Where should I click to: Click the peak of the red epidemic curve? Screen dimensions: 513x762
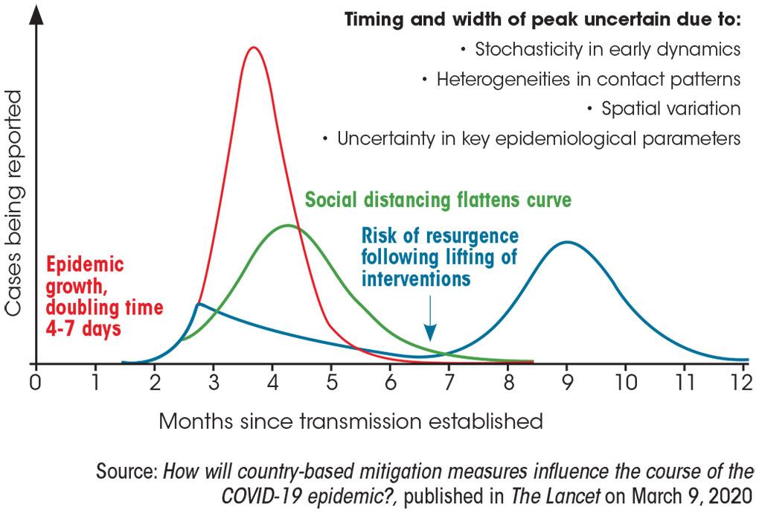coord(254,48)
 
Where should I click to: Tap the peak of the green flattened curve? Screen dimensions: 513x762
coord(287,226)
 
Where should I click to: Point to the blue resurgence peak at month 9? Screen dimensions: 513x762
coord(568,242)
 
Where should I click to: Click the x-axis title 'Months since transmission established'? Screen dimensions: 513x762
coord(350,421)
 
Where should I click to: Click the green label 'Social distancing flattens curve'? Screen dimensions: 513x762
coord(438,200)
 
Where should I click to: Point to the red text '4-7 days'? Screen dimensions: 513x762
coord(83,327)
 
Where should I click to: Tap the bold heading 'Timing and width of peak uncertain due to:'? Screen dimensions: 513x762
coord(542,19)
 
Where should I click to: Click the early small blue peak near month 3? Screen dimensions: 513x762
coord(199,304)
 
